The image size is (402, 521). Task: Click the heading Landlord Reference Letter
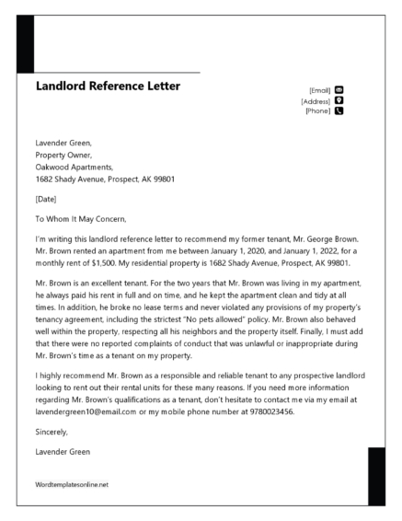pos(108,87)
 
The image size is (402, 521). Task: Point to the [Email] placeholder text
pos(320,90)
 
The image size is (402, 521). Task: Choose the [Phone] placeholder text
pos(318,111)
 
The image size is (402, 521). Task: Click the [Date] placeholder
pos(46,199)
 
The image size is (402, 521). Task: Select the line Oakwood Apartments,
pos(74,168)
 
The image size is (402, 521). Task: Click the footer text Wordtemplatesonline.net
pos(72,484)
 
